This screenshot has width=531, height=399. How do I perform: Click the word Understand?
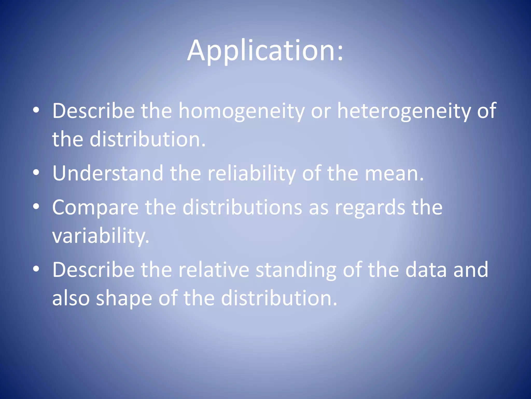(x=108, y=173)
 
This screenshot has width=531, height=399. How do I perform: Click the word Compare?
(x=95, y=208)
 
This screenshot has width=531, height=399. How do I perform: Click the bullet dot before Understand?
(x=36, y=172)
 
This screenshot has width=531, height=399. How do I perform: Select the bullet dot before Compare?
(x=36, y=207)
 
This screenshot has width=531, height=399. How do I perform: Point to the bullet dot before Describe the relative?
(x=36, y=269)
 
